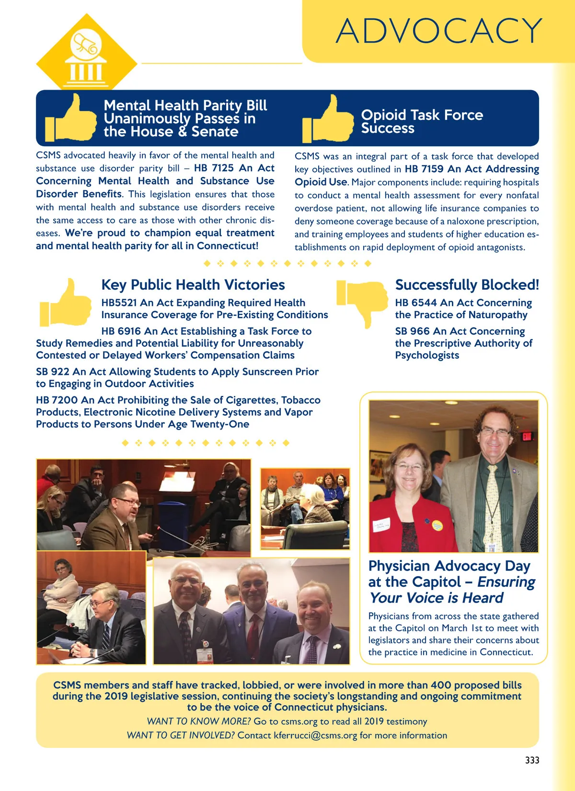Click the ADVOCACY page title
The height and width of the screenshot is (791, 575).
[x=439, y=31]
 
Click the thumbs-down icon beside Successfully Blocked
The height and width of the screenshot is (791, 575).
[x=363, y=301]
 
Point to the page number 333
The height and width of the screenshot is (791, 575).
[x=532, y=760]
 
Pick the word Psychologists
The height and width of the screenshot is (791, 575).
[x=427, y=355]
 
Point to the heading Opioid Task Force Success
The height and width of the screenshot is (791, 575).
[x=422, y=121]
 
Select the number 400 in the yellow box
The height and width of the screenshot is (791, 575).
[x=441, y=686]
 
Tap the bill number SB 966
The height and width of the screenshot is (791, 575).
[x=413, y=331]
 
